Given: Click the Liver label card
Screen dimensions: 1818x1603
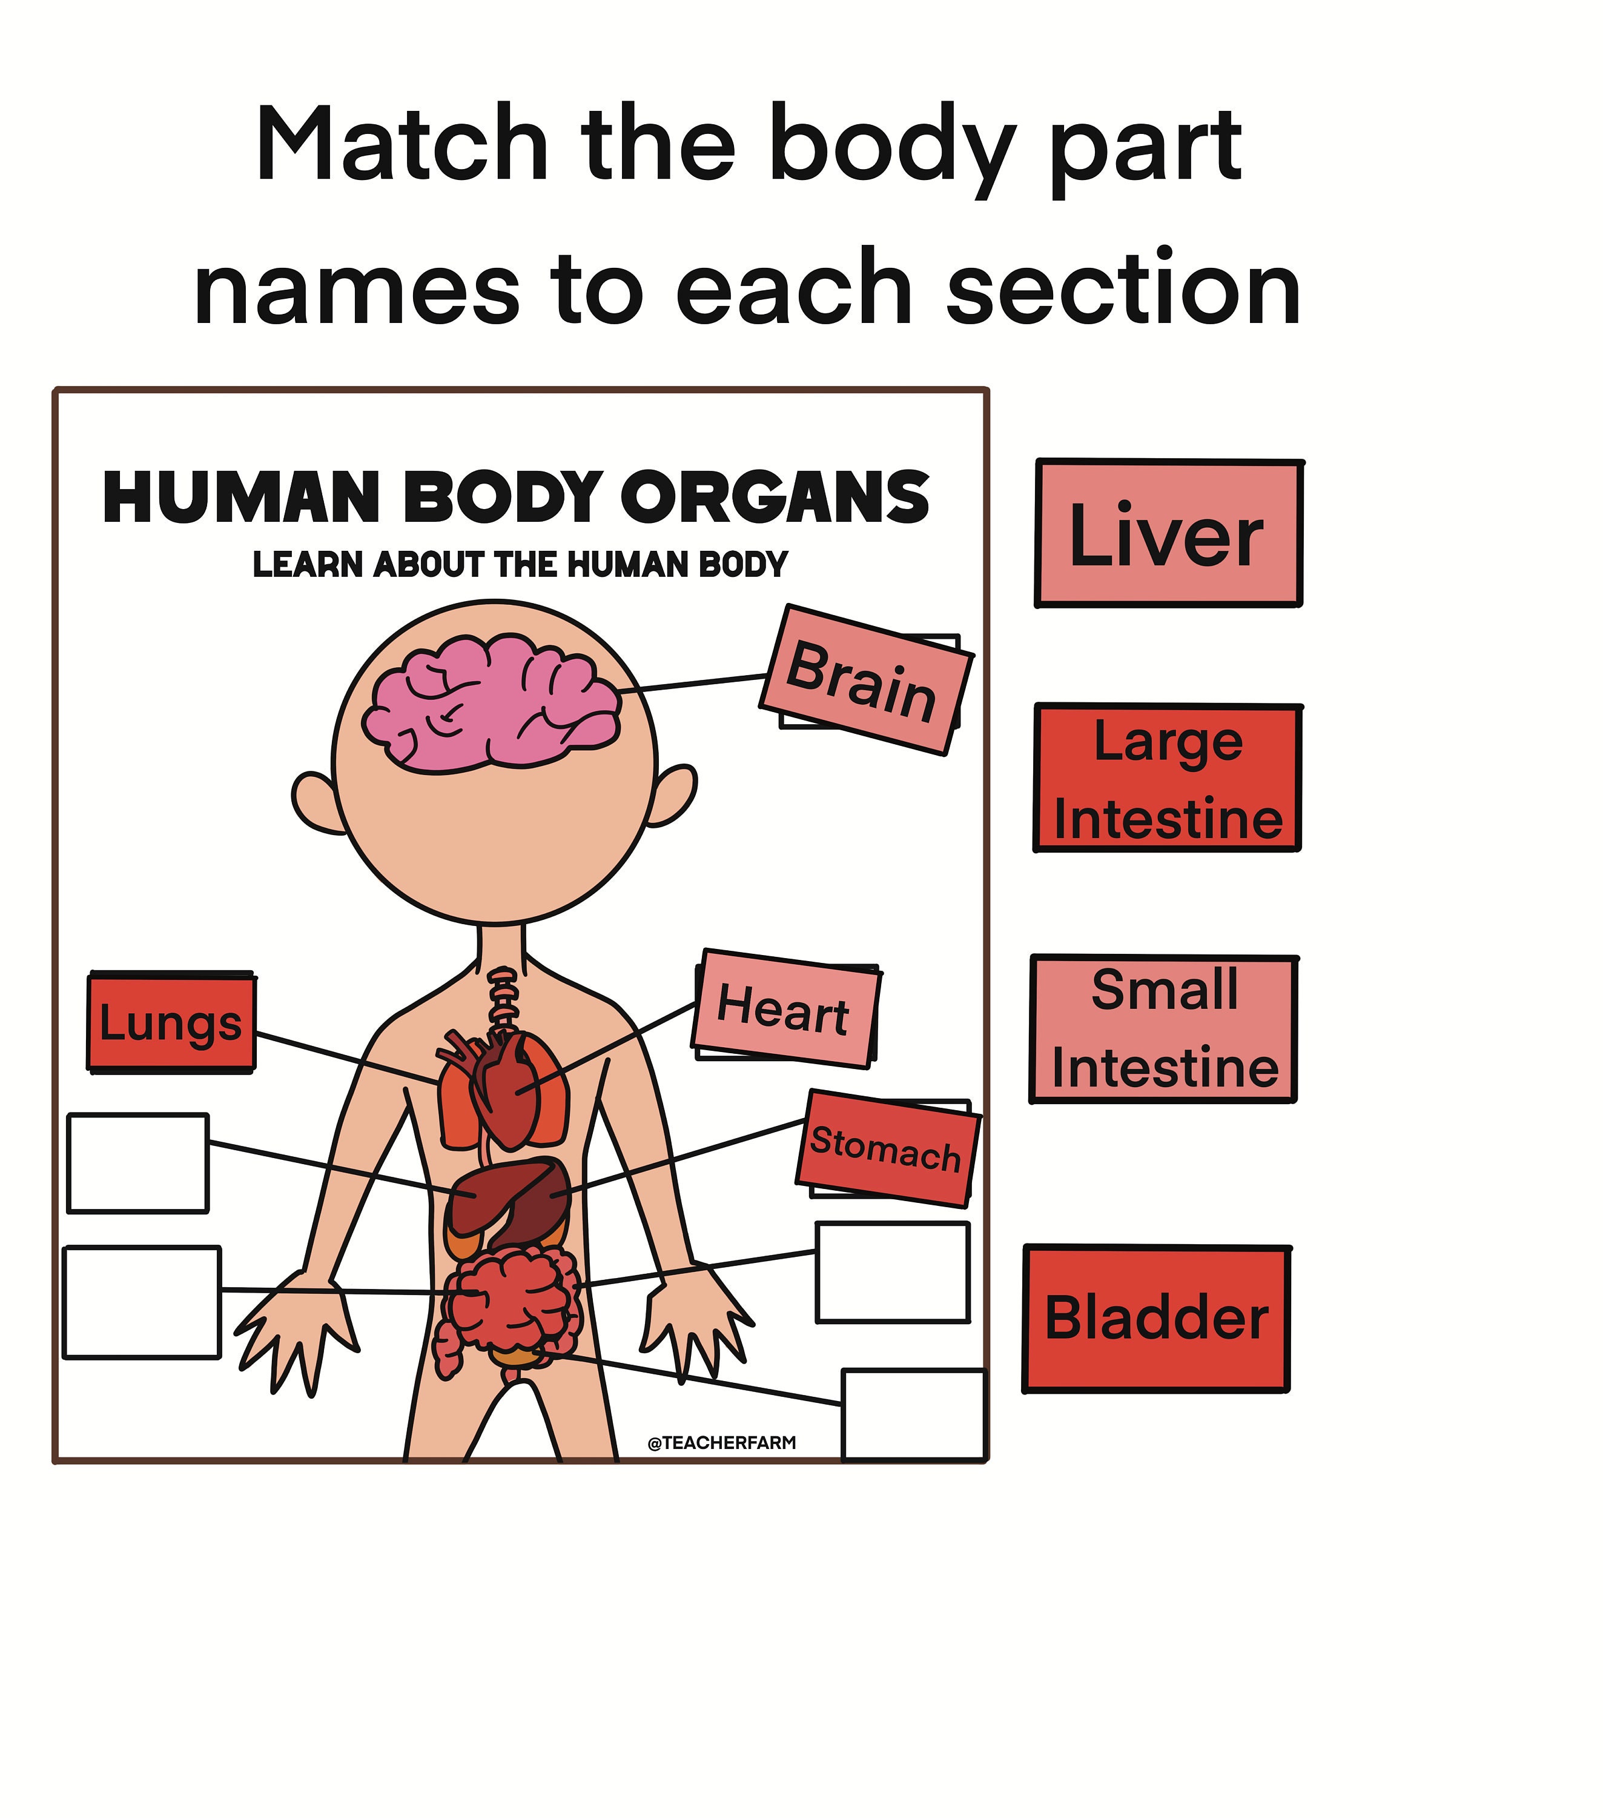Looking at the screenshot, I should click(x=1168, y=534).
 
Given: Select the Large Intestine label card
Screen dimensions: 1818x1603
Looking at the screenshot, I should click(x=1168, y=778).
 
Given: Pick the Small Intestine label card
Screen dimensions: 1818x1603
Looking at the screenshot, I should click(x=1164, y=1029).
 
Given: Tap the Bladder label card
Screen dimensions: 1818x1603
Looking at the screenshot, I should click(x=1156, y=1318).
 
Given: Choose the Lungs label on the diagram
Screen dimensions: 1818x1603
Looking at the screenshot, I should click(x=171, y=1022).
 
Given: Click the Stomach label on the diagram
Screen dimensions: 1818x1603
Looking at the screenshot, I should click(x=887, y=1147).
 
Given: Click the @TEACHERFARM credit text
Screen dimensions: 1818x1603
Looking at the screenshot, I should click(x=722, y=1443).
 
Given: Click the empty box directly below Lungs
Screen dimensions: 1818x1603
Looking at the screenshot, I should click(x=138, y=1162).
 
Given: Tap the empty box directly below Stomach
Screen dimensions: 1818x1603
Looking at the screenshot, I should click(x=892, y=1272).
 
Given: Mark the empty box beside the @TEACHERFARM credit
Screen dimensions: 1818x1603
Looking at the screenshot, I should click(x=913, y=1414).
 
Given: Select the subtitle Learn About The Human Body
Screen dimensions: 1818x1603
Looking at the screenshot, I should click(x=520, y=564).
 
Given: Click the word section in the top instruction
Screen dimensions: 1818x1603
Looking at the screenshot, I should click(x=1123, y=289).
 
